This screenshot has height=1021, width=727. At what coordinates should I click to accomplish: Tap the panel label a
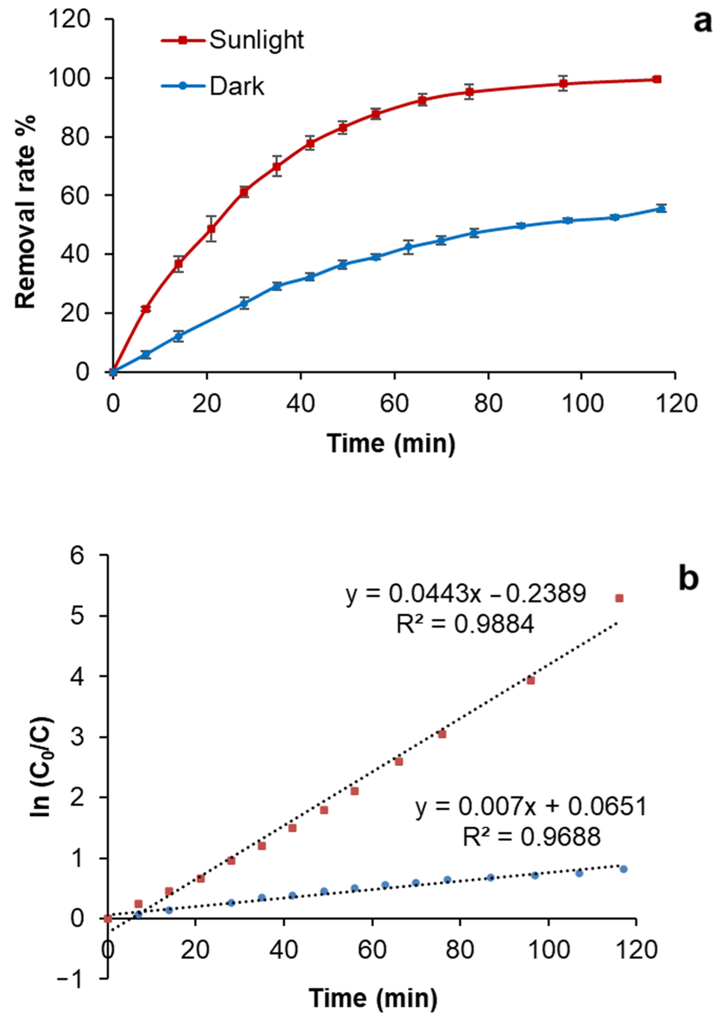[x=702, y=22]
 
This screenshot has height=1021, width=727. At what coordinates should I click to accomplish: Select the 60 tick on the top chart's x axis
[x=394, y=403]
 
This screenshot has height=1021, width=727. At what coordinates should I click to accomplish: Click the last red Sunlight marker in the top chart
[x=657, y=79]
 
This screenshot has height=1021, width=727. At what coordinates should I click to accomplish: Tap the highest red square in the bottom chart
[x=619, y=598]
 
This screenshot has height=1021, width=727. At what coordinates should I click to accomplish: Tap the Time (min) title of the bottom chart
[x=373, y=998]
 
